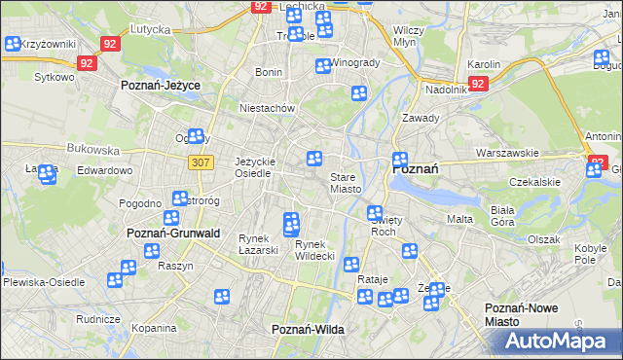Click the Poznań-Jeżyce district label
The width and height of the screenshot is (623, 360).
click(x=160, y=86)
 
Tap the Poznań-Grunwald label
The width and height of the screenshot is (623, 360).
click(x=173, y=234)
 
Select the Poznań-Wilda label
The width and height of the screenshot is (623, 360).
click(x=308, y=330)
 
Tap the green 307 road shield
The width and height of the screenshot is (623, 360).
click(x=202, y=162)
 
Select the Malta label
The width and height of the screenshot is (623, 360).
click(x=459, y=219)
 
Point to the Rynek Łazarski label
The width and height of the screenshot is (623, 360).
click(x=259, y=244)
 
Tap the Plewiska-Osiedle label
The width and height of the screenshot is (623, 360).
click(x=43, y=282)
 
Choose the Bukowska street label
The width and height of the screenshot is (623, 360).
click(x=92, y=151)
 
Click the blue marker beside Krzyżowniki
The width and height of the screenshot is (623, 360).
click(x=13, y=44)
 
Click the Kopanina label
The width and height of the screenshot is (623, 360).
click(x=154, y=329)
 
